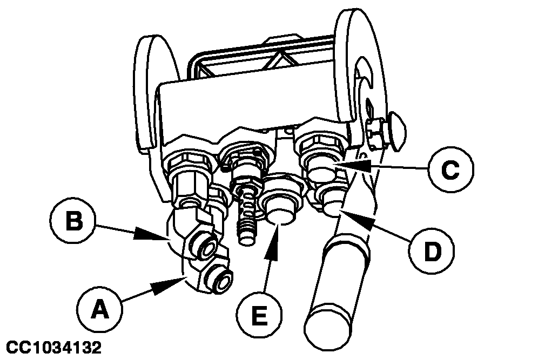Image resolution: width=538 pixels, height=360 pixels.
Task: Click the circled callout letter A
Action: coord(98,310)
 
